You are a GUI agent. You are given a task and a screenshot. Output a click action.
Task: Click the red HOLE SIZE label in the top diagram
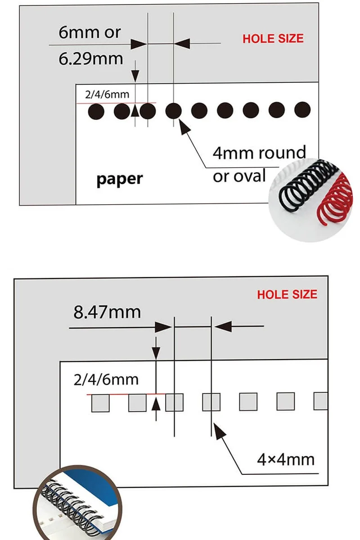(x=273, y=39)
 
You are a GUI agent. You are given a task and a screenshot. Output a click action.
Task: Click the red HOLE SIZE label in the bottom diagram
(x=287, y=295)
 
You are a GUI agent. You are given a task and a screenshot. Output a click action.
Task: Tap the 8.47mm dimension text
(x=107, y=312)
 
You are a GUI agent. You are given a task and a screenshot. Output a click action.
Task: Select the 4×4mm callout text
(x=285, y=459)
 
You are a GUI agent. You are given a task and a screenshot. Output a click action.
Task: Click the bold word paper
(x=120, y=179)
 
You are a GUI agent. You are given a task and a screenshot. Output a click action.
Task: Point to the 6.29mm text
(x=90, y=59)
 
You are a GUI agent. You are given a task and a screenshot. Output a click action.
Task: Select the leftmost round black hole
(x=96, y=111)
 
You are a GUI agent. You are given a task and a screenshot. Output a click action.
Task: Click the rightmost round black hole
(x=302, y=110)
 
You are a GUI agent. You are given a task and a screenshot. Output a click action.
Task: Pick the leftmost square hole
(x=100, y=402)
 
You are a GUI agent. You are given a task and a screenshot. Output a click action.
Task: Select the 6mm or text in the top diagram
(x=90, y=32)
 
